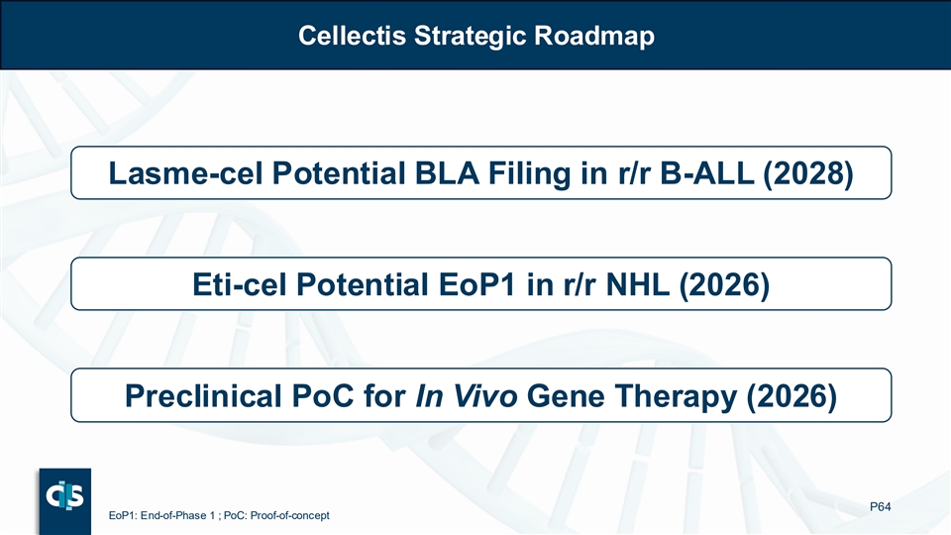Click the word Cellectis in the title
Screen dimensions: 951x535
point(352,36)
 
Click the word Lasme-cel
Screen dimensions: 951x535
point(185,172)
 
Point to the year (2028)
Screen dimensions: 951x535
point(808,173)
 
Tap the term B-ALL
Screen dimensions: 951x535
point(706,172)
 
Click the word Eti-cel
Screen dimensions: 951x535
point(239,284)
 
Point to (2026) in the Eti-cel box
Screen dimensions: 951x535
point(724,285)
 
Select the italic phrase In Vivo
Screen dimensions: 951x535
point(467,396)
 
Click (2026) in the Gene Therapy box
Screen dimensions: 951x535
point(792,396)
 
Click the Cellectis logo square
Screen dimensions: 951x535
point(65,501)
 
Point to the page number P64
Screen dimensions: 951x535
point(880,506)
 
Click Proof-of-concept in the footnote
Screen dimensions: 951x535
point(290,515)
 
